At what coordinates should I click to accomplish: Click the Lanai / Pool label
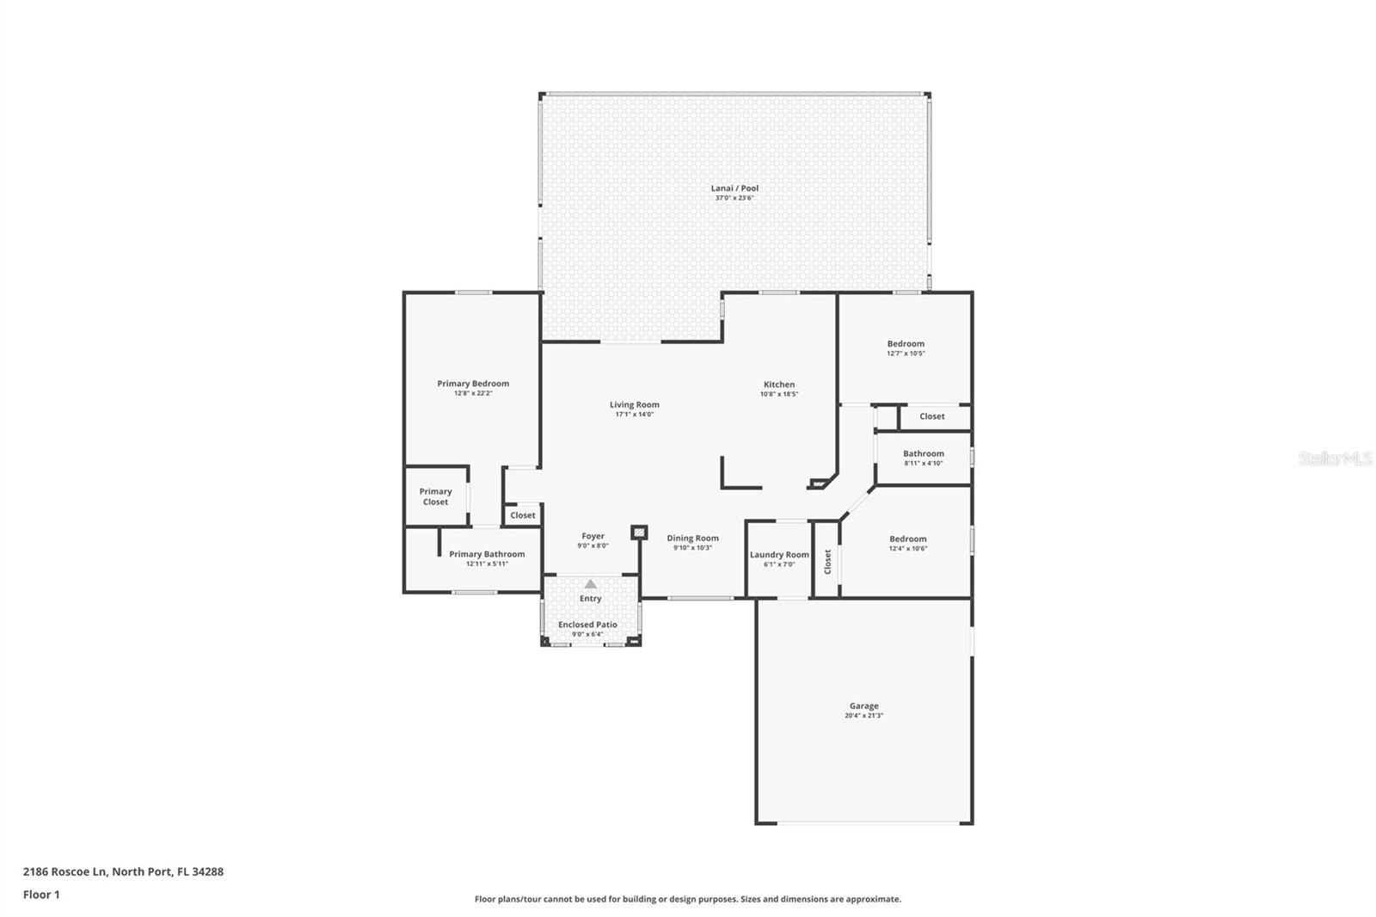734,188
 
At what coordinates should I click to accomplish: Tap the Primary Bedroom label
473,384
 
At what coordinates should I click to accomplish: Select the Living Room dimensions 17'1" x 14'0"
635,415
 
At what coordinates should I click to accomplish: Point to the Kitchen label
779,385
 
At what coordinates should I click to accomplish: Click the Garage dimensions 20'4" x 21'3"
863,716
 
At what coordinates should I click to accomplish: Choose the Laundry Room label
779,555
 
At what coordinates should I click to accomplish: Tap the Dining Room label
692,539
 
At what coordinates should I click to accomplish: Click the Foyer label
593,536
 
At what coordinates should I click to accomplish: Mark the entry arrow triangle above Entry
590,584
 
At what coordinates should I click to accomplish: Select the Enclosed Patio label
587,625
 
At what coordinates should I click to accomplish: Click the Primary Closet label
435,496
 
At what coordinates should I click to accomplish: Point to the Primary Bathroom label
487,554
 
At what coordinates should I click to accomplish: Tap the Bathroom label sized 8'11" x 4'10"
923,453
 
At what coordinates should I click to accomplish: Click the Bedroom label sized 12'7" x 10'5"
906,344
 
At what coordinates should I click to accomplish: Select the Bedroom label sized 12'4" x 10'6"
908,539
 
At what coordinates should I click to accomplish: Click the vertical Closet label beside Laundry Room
827,562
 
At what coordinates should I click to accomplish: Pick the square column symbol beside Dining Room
639,533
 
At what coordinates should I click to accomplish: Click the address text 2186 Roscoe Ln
65,871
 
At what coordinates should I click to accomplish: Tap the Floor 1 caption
41,895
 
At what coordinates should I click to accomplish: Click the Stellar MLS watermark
1335,459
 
